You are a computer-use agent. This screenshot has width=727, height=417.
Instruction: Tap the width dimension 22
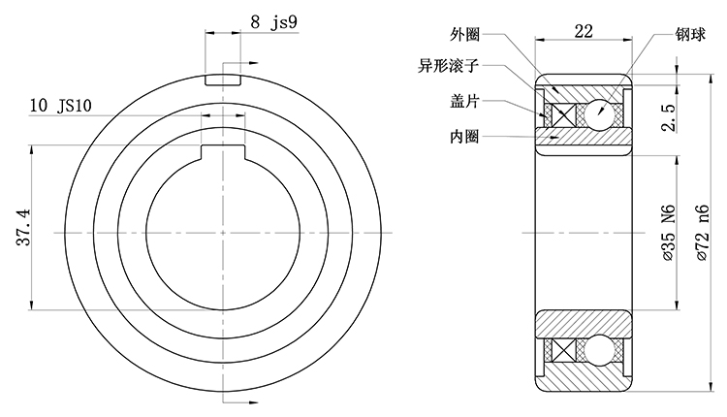(x=583, y=32)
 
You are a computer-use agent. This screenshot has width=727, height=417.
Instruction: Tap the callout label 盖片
(x=465, y=102)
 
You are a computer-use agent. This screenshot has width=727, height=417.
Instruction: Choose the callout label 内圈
(x=465, y=136)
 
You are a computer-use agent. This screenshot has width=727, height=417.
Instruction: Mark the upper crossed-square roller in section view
(x=560, y=113)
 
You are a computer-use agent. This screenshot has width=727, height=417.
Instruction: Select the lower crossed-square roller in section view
(x=560, y=349)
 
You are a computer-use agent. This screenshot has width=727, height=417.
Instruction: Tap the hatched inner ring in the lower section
(x=583, y=323)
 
